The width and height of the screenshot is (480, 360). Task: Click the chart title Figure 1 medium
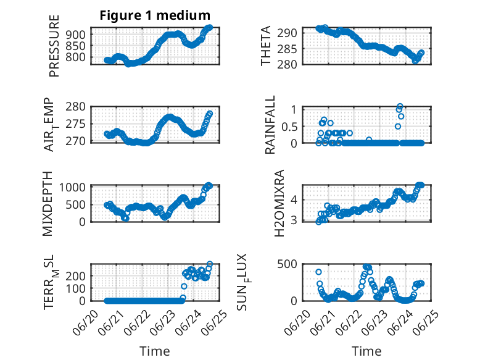pyautogui.click(x=155, y=15)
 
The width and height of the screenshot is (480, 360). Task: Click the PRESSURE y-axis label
pyautogui.click(x=54, y=46)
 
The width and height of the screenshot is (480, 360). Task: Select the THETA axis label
pyautogui.click(x=266, y=46)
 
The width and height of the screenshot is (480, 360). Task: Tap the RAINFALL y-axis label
pyautogui.click(x=270, y=125)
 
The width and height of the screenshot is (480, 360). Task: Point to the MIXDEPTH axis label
pyautogui.click(x=48, y=204)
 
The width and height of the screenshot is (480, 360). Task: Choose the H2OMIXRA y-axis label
pyautogui.click(x=279, y=203)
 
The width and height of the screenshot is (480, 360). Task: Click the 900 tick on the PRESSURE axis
pyautogui.click(x=76, y=35)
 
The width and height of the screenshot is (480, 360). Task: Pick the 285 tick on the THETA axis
pyautogui.click(x=287, y=48)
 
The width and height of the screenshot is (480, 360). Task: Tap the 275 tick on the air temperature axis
pyautogui.click(x=76, y=124)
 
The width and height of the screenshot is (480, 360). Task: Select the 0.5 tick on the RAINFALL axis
pyautogui.click(x=289, y=127)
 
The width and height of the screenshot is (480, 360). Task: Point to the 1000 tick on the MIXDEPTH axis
pyautogui.click(x=72, y=187)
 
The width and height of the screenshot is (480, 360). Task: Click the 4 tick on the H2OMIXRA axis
pyautogui.click(x=294, y=200)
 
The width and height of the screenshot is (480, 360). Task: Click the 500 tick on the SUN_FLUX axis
pyautogui.click(x=287, y=264)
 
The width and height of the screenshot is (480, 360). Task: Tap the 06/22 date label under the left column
pyautogui.click(x=138, y=323)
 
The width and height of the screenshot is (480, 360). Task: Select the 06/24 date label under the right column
pyautogui.click(x=400, y=323)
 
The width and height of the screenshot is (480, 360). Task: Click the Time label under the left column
pyautogui.click(x=155, y=351)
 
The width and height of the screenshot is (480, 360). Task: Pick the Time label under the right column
pyautogui.click(x=366, y=351)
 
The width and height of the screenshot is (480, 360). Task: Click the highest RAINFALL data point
pyautogui.click(x=400, y=106)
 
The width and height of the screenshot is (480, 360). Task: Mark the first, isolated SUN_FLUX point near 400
pyautogui.click(x=319, y=272)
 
